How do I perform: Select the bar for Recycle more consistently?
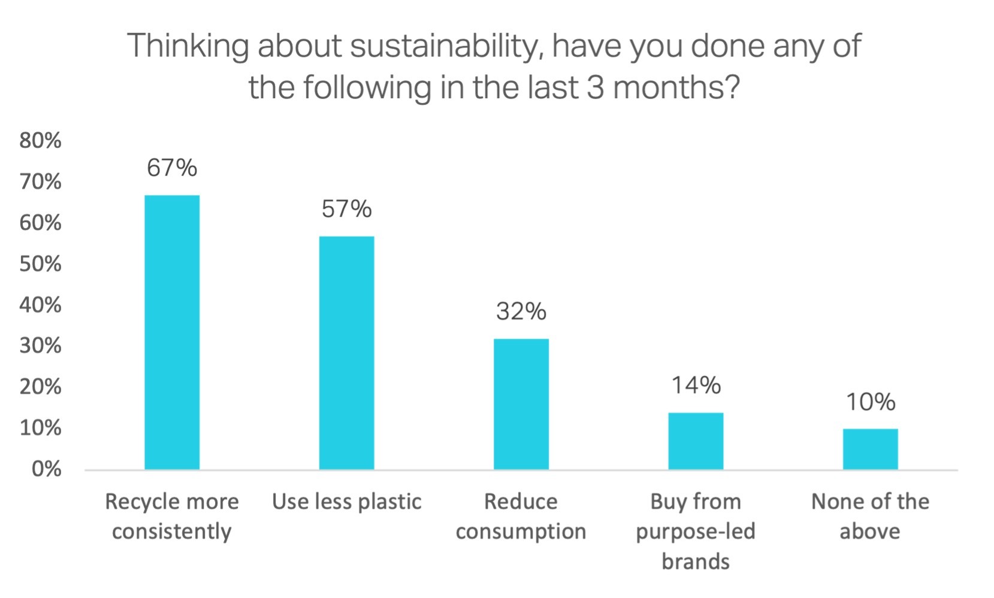(x=172, y=332)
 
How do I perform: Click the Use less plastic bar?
(x=346, y=353)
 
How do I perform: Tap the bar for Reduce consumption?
(x=521, y=404)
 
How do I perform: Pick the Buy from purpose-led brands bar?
(x=696, y=441)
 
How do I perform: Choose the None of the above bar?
(x=870, y=449)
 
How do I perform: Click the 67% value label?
(x=172, y=168)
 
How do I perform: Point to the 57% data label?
(x=346, y=209)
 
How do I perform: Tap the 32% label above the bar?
(x=521, y=311)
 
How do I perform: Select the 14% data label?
(x=696, y=385)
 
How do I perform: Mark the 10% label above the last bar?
(x=870, y=402)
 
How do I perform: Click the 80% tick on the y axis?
(x=40, y=141)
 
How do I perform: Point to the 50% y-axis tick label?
(x=40, y=264)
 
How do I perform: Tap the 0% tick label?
(x=46, y=469)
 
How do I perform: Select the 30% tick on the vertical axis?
(x=40, y=346)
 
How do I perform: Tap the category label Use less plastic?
(x=346, y=502)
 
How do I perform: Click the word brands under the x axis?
(x=696, y=561)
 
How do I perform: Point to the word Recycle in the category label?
(x=138, y=502)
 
